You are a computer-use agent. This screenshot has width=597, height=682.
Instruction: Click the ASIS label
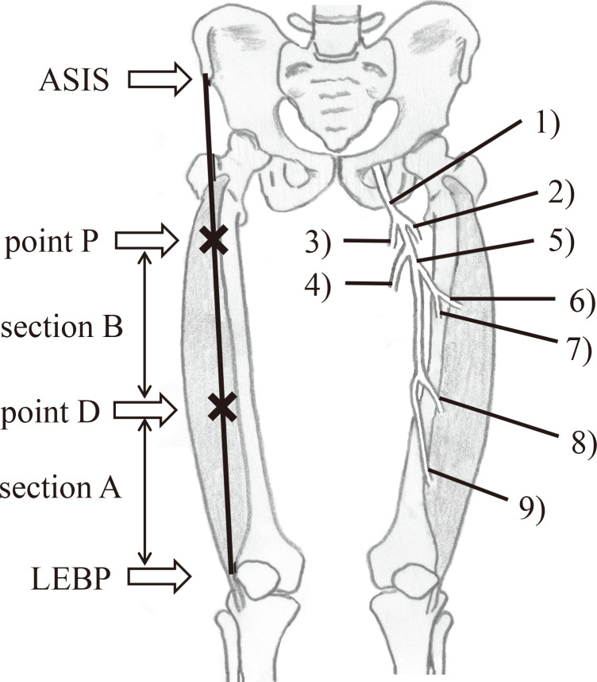click(x=75, y=79)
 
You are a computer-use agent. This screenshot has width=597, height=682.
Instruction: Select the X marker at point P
click(x=212, y=240)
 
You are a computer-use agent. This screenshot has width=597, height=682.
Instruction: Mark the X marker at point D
click(x=222, y=407)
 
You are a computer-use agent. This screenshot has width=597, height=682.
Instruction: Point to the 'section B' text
click(x=61, y=327)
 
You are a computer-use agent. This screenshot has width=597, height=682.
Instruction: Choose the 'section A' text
click(x=60, y=487)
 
